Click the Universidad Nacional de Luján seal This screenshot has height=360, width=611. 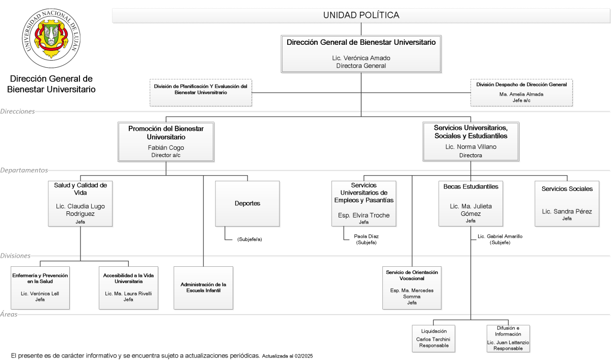pos(51,38)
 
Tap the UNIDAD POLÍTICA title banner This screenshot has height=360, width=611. pos(361,15)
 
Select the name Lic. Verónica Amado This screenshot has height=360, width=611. pos(361,58)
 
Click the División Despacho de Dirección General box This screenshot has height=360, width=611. pos(521,93)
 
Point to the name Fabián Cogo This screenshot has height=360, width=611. pos(166,148)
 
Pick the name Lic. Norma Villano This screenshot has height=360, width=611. pos(471,147)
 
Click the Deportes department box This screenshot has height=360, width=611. pos(247,204)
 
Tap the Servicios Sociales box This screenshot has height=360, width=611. pos(567,204)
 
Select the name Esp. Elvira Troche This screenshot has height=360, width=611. pos(364,215)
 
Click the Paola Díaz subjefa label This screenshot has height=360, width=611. pos(366,239)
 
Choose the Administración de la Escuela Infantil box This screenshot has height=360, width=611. pos(204,288)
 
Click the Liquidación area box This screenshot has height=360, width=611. pos(433,339)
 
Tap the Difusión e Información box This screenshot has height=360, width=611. pos(508,339)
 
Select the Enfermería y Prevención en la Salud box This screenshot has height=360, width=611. pos(40,288)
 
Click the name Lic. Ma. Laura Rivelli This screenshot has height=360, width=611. pos(128,293)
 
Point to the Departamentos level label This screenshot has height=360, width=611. pos(24,170)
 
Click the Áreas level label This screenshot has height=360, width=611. pos(9,314)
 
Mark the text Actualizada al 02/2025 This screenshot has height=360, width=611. pos(288,356)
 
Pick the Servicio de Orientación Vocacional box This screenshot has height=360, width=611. pos(412,288)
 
